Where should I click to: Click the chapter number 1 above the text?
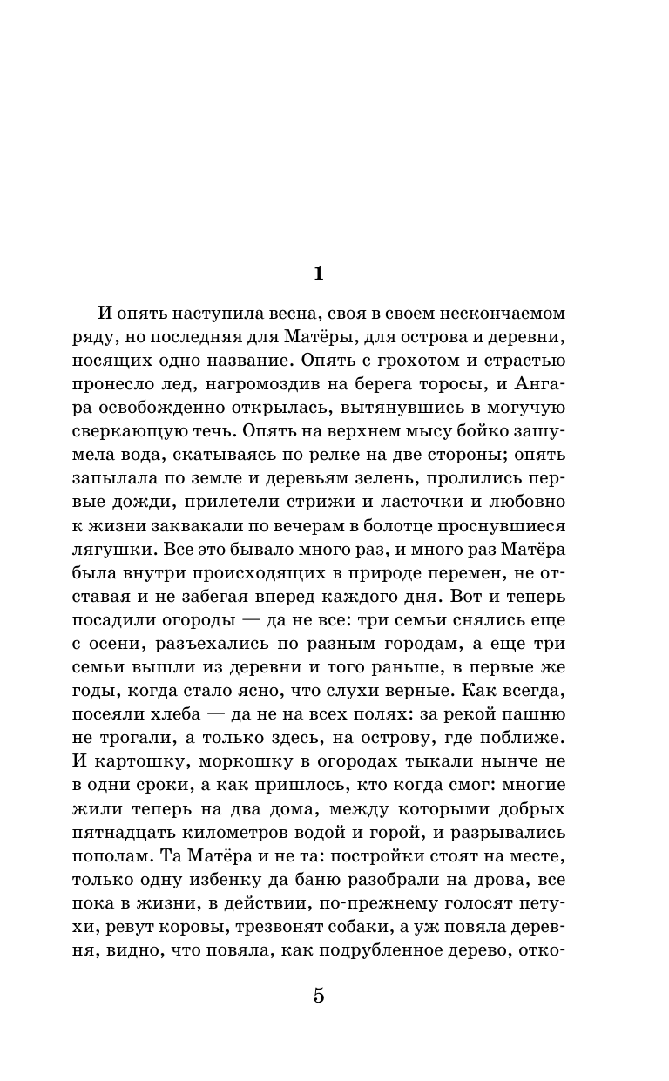(318, 274)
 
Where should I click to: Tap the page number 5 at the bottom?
(318, 997)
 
